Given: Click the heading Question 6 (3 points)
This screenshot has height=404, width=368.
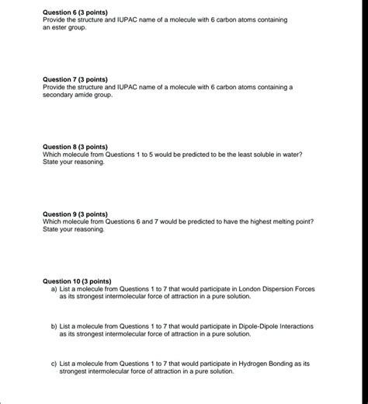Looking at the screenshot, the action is tap(75, 12).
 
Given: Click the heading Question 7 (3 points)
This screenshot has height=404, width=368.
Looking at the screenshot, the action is tap(75, 79).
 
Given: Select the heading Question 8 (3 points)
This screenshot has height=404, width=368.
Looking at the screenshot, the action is tap(75, 146).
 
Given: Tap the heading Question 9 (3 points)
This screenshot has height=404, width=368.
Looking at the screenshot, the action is tap(75, 214).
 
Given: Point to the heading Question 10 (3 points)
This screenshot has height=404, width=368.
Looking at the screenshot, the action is tap(77, 280).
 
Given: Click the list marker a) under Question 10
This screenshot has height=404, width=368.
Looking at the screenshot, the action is tap(54, 288).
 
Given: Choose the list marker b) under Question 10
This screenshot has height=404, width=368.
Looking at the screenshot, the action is tap(54, 326).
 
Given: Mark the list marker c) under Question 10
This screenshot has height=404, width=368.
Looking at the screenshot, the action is tap(54, 363).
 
